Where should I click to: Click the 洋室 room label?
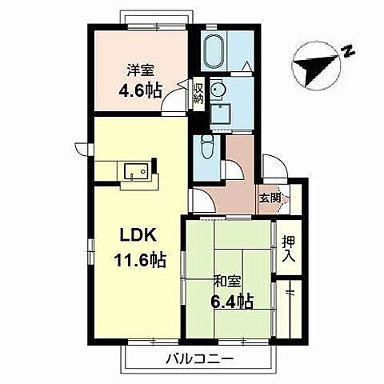click(x=140, y=70)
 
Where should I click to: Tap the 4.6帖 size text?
click(x=140, y=90)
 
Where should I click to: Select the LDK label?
click(x=138, y=235)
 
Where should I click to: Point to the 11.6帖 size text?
click(x=140, y=260)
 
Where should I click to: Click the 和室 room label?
click(x=228, y=282)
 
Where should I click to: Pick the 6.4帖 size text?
click(x=231, y=302)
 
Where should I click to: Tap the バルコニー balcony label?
click(x=199, y=360)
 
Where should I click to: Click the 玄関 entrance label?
click(x=270, y=198)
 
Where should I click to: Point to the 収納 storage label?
click(x=198, y=94)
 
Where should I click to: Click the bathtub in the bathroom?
click(x=214, y=52)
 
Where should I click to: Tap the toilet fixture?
click(x=207, y=148)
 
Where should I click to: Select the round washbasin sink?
click(x=217, y=90)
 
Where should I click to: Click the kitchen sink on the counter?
click(x=136, y=171)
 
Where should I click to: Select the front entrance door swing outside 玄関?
click(x=274, y=166)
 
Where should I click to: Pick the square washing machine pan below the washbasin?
click(x=220, y=114)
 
